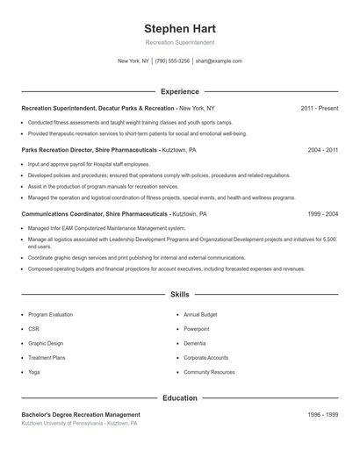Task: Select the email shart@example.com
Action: point(219,61)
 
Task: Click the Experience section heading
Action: point(180,91)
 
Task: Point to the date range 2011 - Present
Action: point(319,108)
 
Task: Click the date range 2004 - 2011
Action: point(322,150)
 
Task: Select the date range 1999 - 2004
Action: point(322,213)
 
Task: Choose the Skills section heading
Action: point(180,296)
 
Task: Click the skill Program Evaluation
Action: point(50,314)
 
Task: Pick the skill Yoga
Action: point(33,372)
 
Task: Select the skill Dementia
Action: point(195,343)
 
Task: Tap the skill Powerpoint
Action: point(197,329)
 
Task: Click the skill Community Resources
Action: point(209,372)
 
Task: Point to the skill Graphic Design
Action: point(46,343)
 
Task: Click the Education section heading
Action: point(180,397)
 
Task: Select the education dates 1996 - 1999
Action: point(322,414)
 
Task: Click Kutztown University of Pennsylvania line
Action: point(79,423)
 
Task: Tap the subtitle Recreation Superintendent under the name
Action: point(179,42)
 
